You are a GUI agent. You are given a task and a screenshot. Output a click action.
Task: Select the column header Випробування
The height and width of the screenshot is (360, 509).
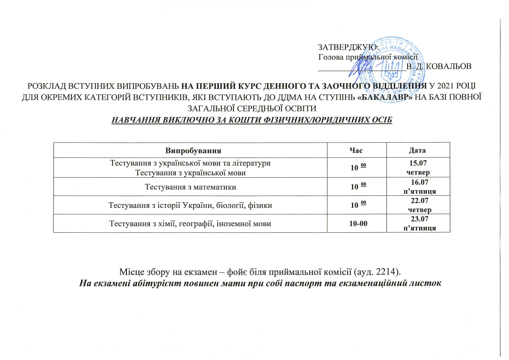193,151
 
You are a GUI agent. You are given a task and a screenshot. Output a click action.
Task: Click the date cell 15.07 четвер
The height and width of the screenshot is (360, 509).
418,168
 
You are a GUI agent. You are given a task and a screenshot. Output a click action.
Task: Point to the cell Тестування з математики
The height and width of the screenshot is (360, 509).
190,187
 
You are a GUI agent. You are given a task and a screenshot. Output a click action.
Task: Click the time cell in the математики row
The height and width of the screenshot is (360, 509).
358,186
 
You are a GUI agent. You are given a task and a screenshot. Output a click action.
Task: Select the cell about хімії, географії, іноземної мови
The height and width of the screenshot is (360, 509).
190,224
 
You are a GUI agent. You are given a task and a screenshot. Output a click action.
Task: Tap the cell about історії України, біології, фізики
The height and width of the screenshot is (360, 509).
190,206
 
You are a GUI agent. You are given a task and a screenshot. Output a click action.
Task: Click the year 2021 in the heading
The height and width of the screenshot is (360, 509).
445,86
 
